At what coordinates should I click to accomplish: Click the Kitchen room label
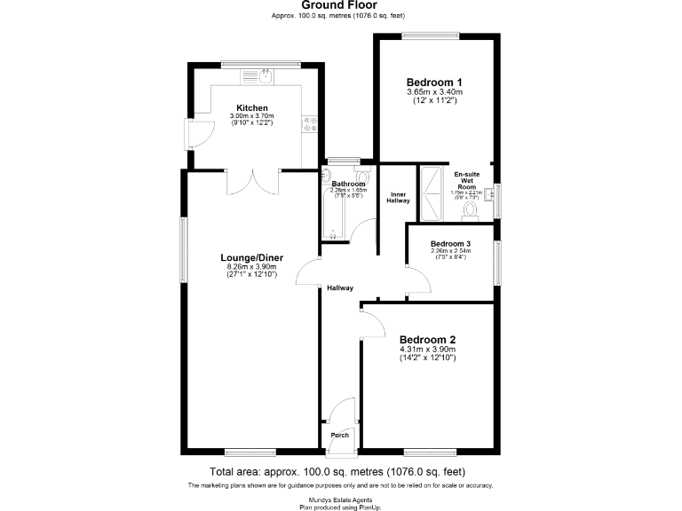pos(252,108)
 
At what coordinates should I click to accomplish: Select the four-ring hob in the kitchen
pos(310,125)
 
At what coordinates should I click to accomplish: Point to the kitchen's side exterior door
pos(197,134)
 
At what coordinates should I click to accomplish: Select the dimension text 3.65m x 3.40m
pos(434,92)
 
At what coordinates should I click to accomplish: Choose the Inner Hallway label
pos(399,197)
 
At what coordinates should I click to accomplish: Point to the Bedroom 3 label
pos(450,243)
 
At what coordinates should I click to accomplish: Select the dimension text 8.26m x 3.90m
pos(252,267)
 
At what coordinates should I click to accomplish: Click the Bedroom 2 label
pos(427,339)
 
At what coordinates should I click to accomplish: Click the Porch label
pos(339,435)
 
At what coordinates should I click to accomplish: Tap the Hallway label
pos(339,287)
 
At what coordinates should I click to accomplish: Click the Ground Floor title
pos(340,5)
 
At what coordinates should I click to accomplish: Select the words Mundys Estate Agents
pos(340,499)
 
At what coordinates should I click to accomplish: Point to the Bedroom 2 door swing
pos(372,323)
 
